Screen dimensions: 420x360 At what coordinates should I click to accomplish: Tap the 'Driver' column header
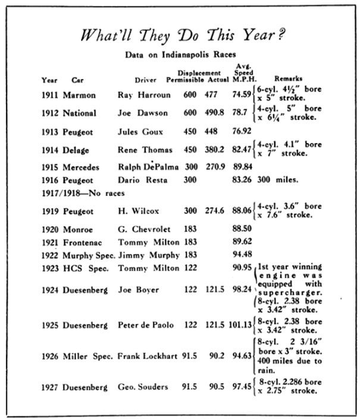tap(144, 80)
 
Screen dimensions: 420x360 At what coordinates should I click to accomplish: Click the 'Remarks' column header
tap(288, 79)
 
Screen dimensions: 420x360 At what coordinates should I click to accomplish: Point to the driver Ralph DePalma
tap(146, 167)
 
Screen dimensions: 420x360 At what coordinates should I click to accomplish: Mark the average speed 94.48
tap(242, 254)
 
